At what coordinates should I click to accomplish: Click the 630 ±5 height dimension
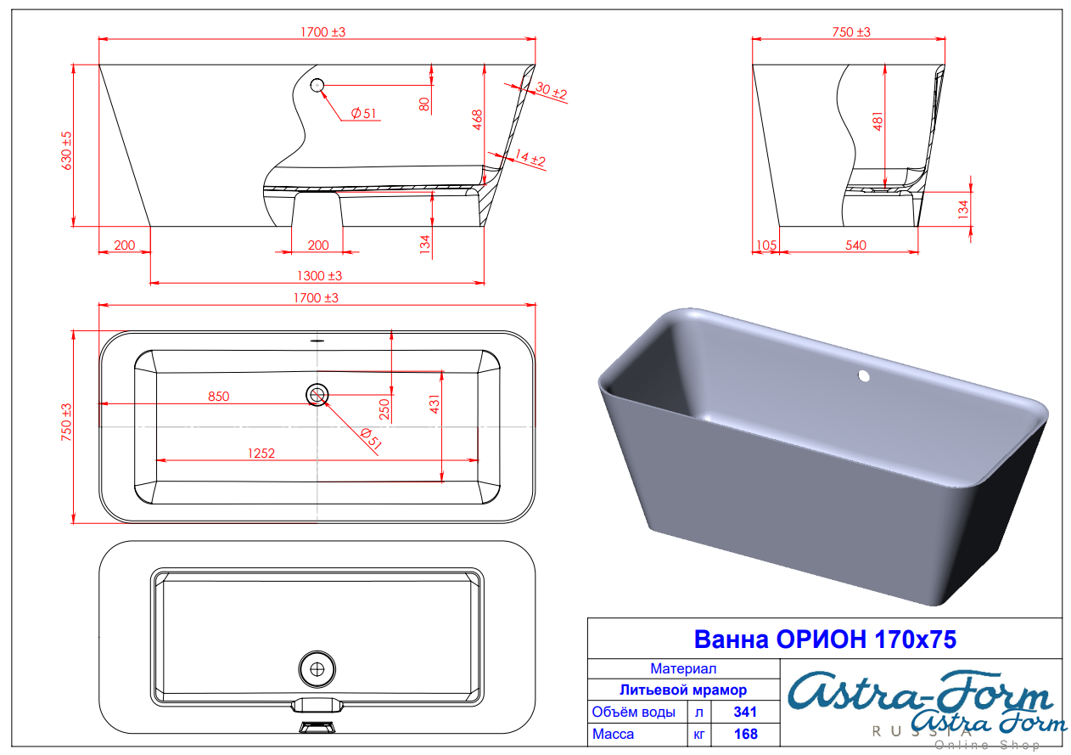coord(66,150)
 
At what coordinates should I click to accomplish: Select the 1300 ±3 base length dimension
coord(319,276)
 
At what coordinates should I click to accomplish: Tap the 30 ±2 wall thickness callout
coord(552,90)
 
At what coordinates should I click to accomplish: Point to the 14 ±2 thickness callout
coord(530,158)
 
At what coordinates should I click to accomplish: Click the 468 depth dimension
coord(477,120)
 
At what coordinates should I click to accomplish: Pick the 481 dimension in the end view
coord(878,121)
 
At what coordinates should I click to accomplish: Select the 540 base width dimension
coord(855,245)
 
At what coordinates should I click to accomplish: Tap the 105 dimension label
coord(766,245)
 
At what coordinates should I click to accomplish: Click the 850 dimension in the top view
coord(218,396)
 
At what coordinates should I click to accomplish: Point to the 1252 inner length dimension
coord(261,454)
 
